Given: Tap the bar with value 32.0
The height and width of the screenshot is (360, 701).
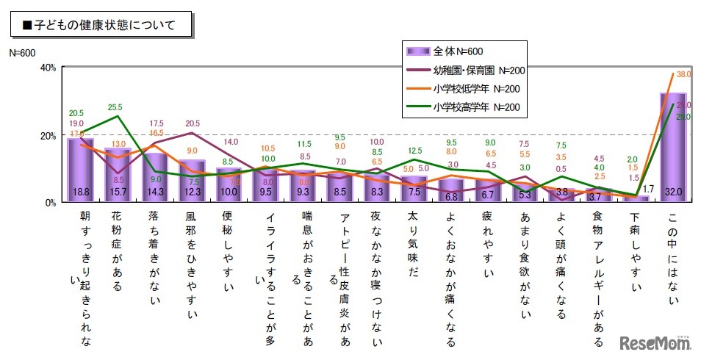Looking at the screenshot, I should [x=672, y=148].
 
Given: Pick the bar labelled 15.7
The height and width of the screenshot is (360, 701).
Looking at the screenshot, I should [x=118, y=176].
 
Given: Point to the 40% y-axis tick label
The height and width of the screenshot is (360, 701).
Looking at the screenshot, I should [x=46, y=68].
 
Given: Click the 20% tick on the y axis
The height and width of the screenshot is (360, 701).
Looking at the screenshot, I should [x=46, y=136].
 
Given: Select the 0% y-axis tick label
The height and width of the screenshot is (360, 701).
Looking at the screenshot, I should [x=49, y=203].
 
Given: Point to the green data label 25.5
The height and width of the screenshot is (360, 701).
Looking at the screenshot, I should [x=116, y=107].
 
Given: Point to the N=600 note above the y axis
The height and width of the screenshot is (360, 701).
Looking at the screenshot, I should [x=23, y=53].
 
